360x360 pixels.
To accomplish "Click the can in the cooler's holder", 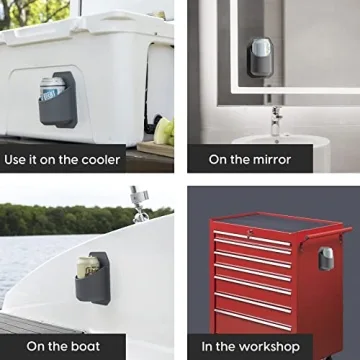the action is point(52,88).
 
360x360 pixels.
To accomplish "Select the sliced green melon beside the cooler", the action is point(164,131).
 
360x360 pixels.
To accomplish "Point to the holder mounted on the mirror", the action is point(260,57).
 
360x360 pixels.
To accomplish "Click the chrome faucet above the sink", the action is point(276,121).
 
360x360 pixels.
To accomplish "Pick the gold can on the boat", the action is point(88,267).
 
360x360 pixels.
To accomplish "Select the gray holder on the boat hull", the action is point(93,279).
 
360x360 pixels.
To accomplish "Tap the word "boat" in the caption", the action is point(85,347).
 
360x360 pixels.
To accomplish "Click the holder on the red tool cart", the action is point(326,259).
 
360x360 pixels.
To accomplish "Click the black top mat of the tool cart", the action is point(277,222).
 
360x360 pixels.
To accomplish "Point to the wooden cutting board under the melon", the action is point(155,148).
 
